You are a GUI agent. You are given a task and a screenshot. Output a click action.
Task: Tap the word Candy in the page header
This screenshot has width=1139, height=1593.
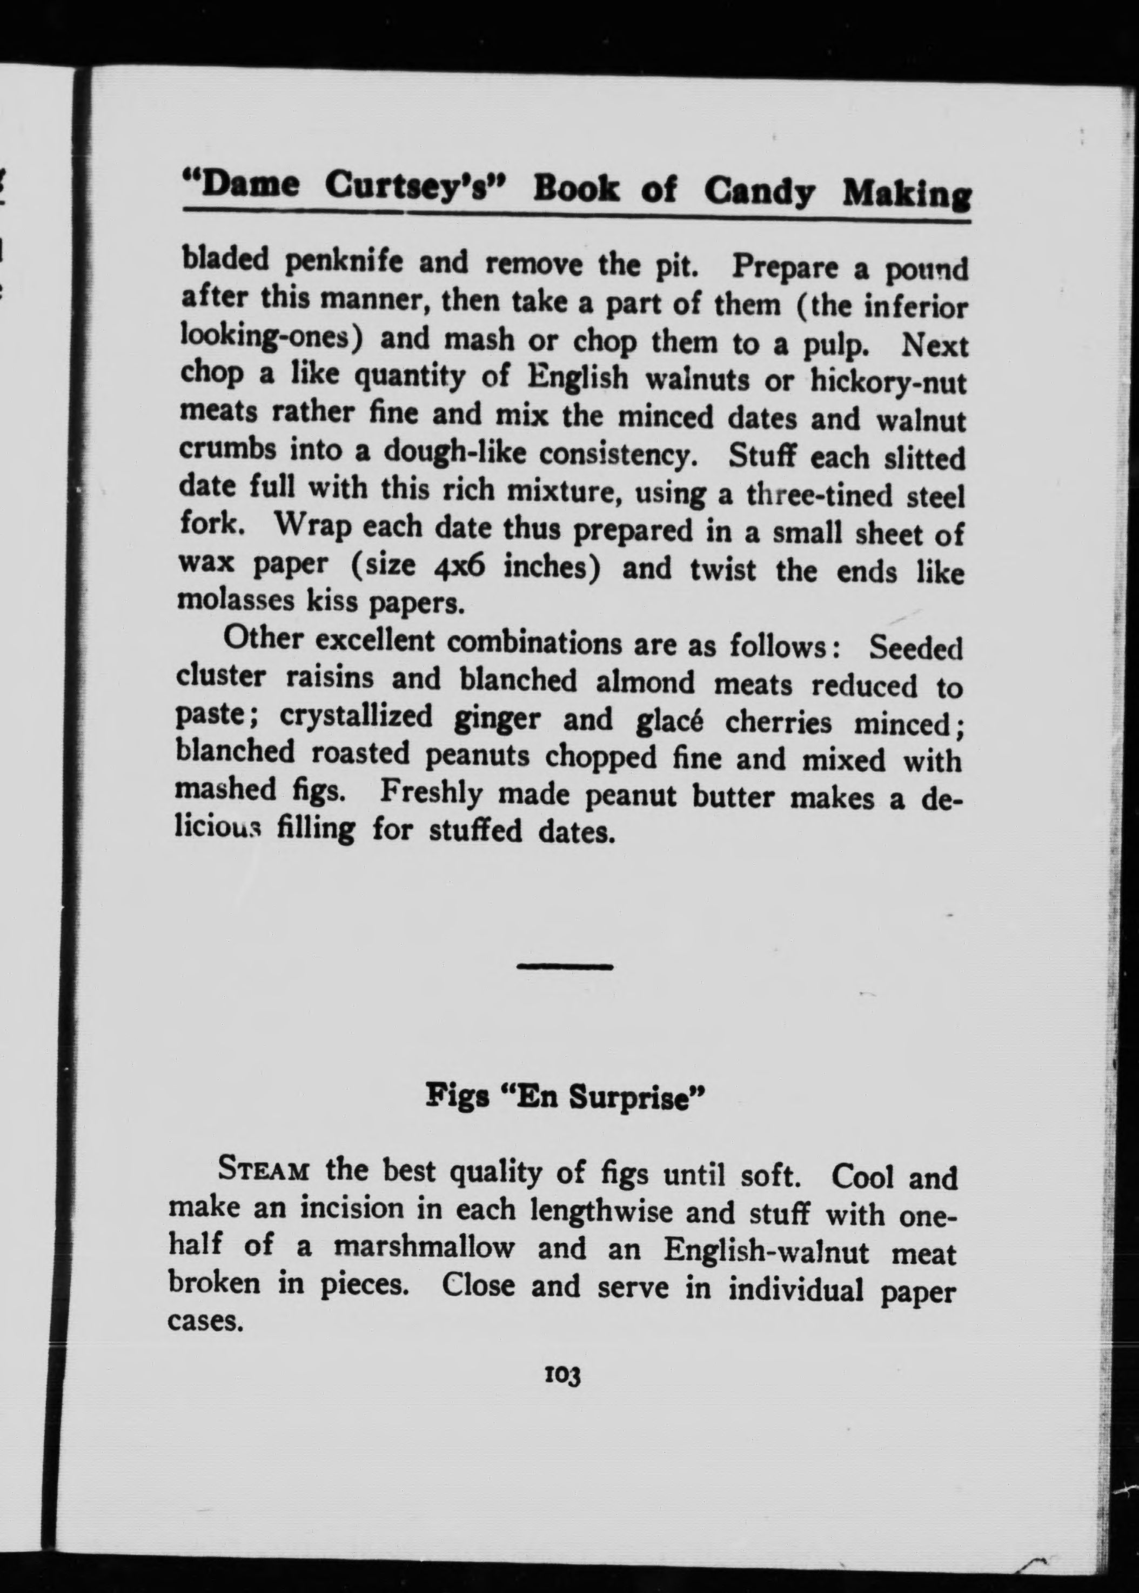pos(760,191)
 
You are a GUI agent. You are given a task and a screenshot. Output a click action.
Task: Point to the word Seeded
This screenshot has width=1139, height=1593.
pos(916,648)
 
